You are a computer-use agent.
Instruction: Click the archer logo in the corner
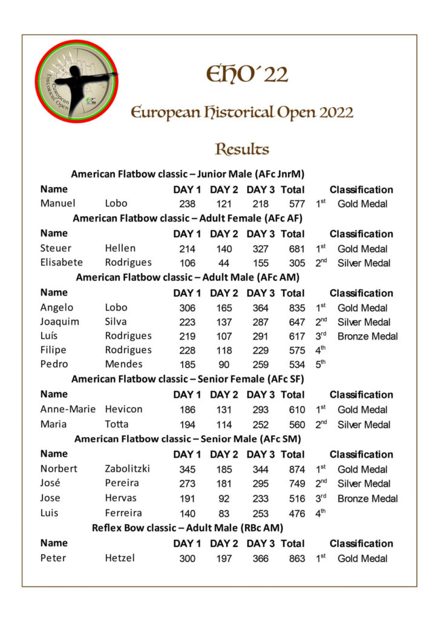click(x=76, y=81)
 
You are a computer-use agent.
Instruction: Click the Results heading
click(x=242, y=149)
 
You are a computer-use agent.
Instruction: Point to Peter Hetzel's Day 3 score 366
click(x=260, y=558)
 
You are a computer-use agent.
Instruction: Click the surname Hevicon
click(x=123, y=409)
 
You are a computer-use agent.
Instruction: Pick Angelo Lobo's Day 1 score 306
click(x=187, y=308)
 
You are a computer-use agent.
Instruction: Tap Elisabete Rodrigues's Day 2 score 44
click(x=224, y=263)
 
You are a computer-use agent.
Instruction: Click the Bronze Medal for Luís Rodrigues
click(x=367, y=336)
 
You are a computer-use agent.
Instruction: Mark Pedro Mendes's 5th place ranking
click(x=321, y=364)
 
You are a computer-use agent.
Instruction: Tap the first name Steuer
click(x=56, y=248)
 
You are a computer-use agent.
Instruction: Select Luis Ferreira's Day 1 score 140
click(x=187, y=513)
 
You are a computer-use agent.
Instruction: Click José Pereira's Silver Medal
click(x=364, y=483)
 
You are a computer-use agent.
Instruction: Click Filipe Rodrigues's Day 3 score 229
click(x=260, y=350)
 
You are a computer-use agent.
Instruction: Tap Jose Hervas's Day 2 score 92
click(x=224, y=498)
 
